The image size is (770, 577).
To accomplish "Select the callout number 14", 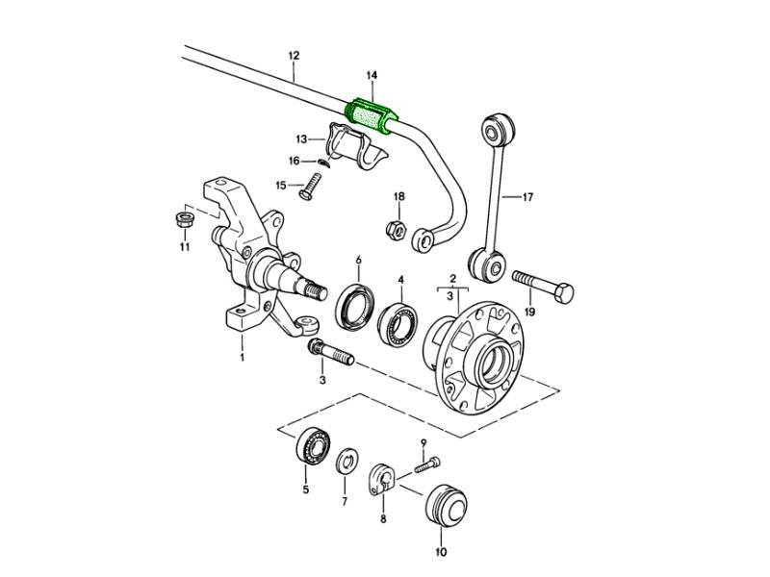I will [x=372, y=74].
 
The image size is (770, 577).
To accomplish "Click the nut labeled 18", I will [x=395, y=229].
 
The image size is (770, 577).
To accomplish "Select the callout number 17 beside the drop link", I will [x=526, y=198].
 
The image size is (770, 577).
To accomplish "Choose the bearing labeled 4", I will [x=398, y=317].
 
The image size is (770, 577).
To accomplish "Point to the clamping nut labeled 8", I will [x=383, y=479].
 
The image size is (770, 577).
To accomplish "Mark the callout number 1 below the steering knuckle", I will [x=242, y=358].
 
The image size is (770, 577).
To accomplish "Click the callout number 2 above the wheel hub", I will [x=450, y=279].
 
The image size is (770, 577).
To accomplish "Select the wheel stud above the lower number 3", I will [x=332, y=353].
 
